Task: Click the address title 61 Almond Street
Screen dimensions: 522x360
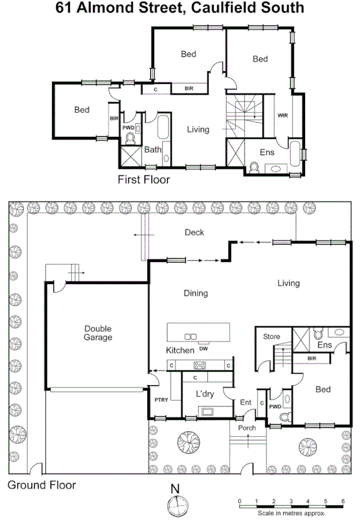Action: [180, 9]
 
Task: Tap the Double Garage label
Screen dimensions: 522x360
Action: [98, 333]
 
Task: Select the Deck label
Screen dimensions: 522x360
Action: [194, 233]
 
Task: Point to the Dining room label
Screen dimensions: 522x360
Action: [195, 294]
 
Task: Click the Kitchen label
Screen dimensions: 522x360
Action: [179, 350]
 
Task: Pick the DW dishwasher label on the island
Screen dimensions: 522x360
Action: [203, 348]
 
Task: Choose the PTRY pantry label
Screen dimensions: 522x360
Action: [160, 400]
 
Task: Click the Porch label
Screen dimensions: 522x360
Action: [247, 428]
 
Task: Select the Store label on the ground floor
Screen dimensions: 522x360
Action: [271, 337]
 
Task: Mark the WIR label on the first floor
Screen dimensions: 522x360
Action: [282, 115]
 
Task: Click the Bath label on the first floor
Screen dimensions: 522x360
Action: [152, 150]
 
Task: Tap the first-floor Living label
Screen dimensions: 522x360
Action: [198, 129]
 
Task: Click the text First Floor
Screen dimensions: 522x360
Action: [144, 180]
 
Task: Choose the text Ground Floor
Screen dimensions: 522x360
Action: [42, 485]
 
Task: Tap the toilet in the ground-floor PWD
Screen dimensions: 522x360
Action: [285, 416]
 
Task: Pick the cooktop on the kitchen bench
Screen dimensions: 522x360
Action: [201, 365]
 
